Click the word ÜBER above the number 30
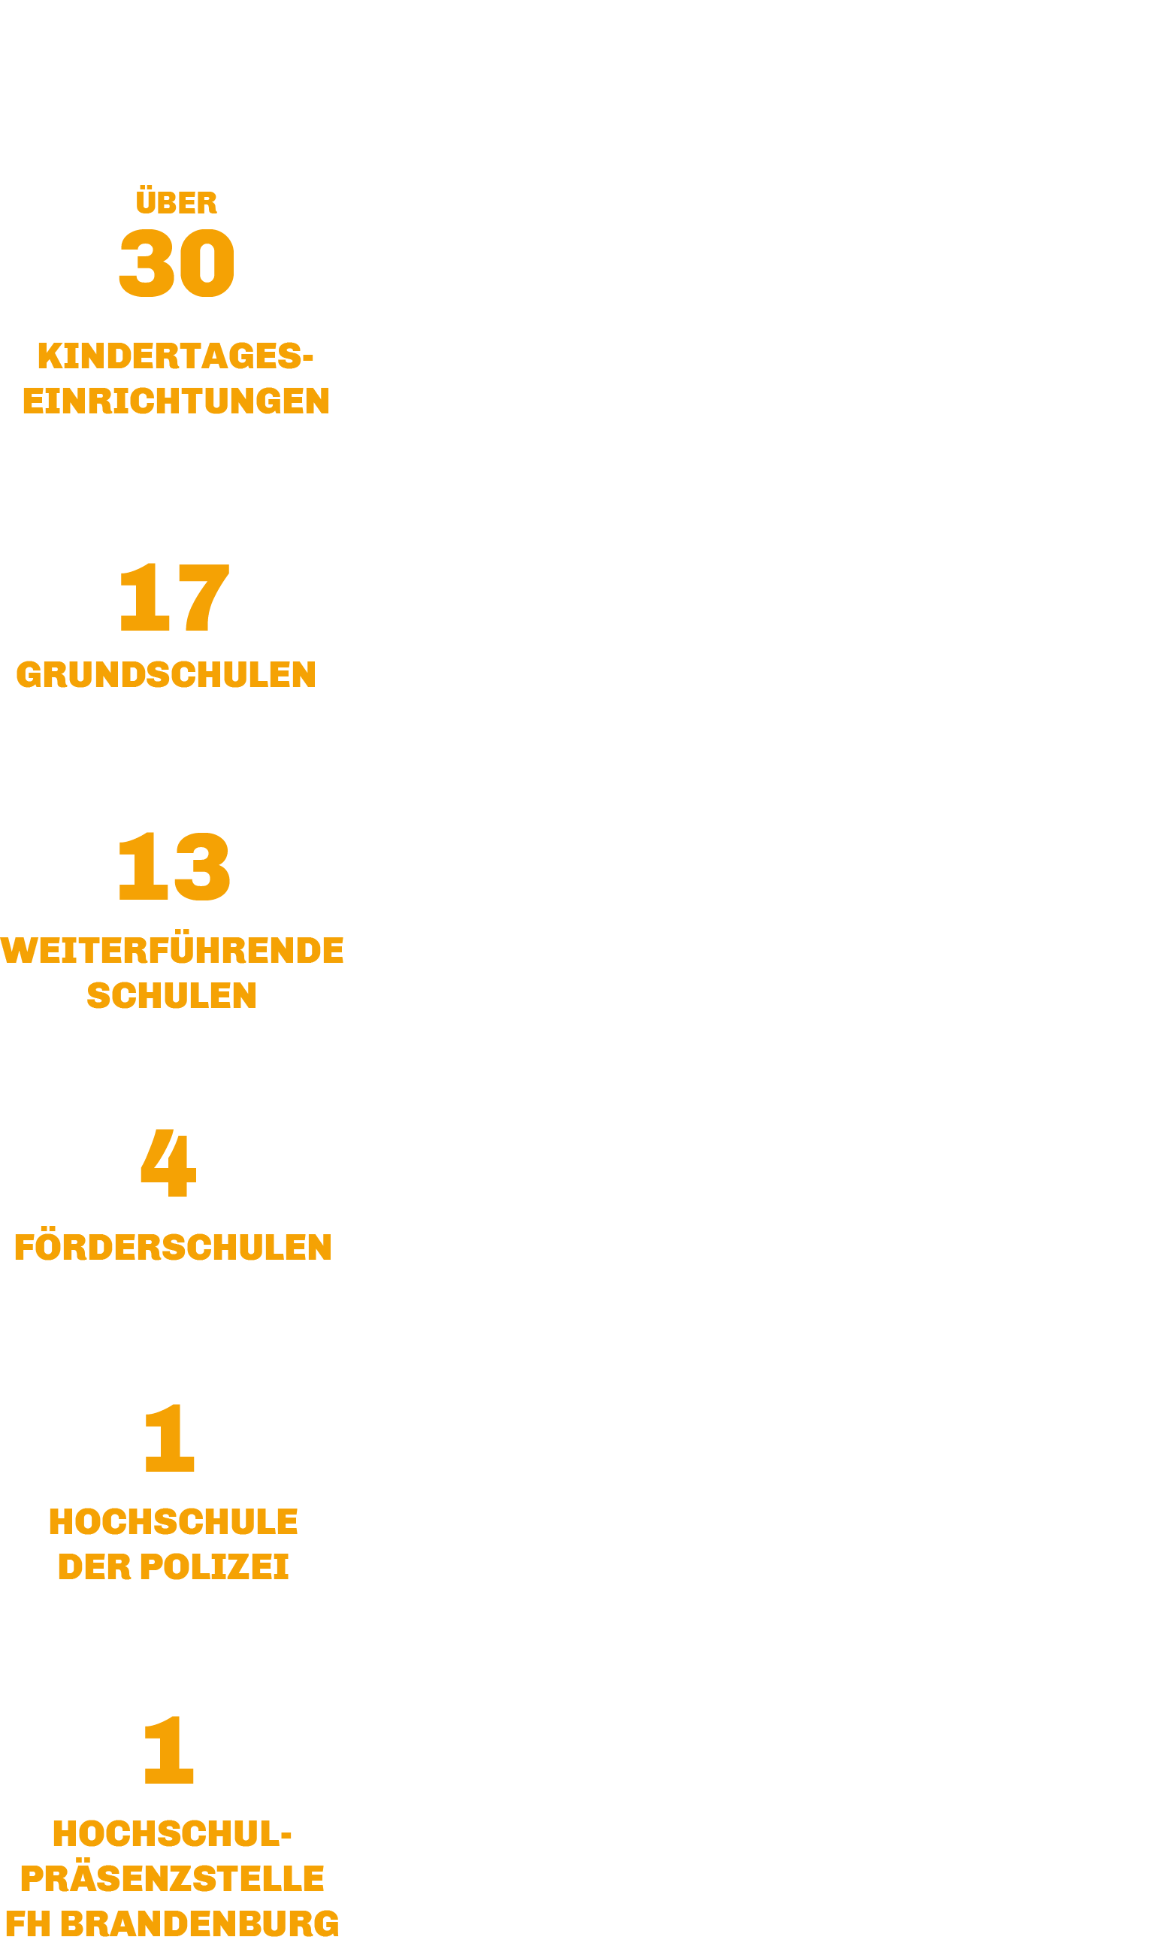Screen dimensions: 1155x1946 176,200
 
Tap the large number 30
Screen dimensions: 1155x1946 176,263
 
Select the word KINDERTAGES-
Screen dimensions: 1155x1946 175,356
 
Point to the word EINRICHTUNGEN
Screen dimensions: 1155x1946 176,401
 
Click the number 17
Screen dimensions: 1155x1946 174,597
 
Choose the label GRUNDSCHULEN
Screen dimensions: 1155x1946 166,674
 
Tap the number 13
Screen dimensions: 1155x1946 174,867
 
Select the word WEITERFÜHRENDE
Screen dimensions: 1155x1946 172,947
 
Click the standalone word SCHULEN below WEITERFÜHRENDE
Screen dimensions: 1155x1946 172,996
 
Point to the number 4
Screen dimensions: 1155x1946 168,1163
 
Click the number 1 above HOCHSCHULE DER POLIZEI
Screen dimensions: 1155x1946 170,1439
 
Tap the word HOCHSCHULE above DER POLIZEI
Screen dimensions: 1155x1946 173,1522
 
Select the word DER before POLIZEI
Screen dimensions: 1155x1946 95,1567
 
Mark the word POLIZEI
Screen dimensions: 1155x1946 214,1567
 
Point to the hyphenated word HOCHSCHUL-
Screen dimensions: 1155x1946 172,1834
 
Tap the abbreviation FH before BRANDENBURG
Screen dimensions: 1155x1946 28,1923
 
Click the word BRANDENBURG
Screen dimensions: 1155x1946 200,1923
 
